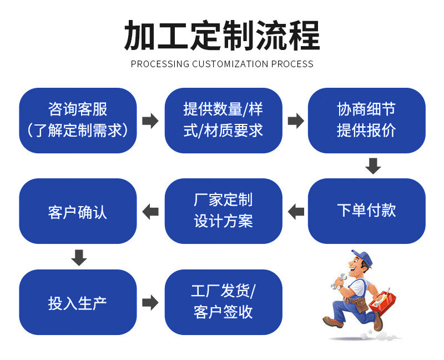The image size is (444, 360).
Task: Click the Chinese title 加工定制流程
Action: point(222,36)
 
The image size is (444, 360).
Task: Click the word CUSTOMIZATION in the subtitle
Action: point(230,64)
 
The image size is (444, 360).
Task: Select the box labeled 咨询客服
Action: point(78,121)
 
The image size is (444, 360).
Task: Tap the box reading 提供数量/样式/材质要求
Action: point(224,121)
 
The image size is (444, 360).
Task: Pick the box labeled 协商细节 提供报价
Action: point(367,121)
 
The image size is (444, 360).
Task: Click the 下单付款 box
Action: point(367,211)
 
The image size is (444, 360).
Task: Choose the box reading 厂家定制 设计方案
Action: point(224,211)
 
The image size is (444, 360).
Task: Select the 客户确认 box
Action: point(78,211)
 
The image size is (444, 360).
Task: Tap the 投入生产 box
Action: point(78,302)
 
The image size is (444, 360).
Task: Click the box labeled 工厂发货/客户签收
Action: point(224,302)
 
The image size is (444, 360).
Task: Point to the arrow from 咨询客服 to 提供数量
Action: point(150,121)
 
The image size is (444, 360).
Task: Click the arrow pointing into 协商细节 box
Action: point(296,121)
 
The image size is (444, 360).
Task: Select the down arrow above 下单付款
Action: point(373,166)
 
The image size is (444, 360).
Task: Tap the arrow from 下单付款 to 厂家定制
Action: point(296,212)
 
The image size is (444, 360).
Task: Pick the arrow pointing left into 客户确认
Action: point(150,212)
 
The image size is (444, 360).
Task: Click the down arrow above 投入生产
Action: point(79,258)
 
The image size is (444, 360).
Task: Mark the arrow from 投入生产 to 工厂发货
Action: point(150,302)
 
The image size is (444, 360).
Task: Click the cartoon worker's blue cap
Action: point(362,257)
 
